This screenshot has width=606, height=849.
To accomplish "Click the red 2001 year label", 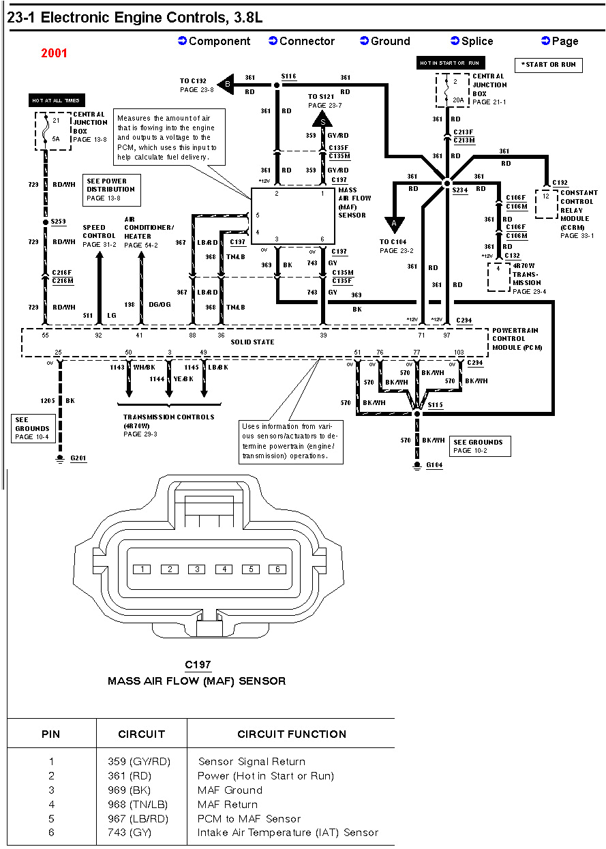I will click(x=54, y=53).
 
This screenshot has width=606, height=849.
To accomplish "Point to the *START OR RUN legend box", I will click(x=548, y=65).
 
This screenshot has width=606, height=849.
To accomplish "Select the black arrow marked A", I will click(x=394, y=224).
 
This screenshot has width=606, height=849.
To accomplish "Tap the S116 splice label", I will click(x=288, y=77).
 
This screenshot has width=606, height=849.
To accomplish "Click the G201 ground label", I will click(x=78, y=458).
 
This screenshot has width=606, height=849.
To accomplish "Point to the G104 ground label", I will click(x=434, y=465).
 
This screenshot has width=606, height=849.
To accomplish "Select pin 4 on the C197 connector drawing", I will click(x=224, y=569).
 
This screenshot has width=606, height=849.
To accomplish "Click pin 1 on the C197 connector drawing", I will click(x=142, y=569).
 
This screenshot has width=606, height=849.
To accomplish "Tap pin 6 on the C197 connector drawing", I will click(x=277, y=569).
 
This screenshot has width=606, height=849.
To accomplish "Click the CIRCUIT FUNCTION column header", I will click(x=292, y=734).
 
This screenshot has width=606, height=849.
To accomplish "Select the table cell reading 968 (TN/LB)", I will click(x=139, y=805).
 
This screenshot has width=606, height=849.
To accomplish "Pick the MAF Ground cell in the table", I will click(x=230, y=790).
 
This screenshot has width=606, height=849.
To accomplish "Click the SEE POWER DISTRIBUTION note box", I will click(x=112, y=190).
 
